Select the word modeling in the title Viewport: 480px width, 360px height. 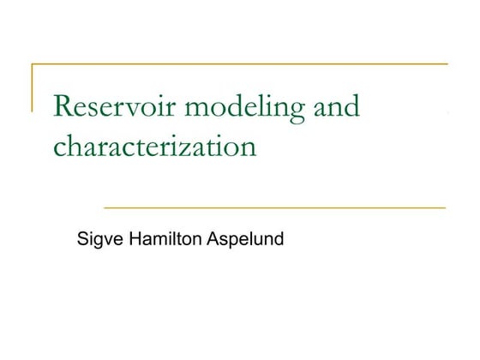pos(235,108)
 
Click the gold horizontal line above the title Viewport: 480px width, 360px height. pos(240,64)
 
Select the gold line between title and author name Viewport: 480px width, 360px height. pos(274,207)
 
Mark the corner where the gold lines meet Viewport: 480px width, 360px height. pos(33,64)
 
